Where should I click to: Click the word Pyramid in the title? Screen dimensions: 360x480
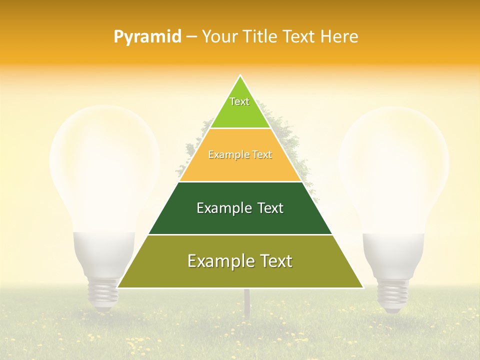click(147, 37)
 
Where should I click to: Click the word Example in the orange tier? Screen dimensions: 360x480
click(224, 155)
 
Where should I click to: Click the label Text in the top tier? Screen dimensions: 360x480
click(239, 101)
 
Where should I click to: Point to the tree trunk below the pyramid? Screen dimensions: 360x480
click(246, 302)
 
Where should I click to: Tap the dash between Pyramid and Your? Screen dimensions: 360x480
click(191, 37)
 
